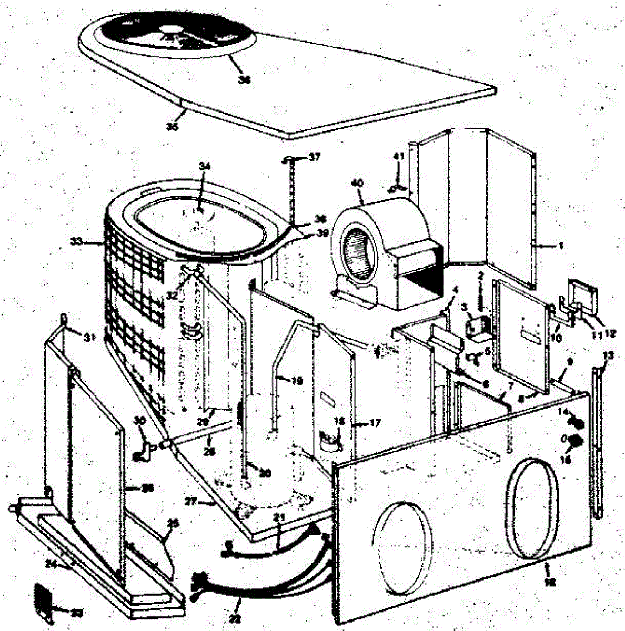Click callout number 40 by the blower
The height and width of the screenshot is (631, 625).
click(357, 183)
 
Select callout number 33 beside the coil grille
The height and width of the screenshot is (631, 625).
click(77, 242)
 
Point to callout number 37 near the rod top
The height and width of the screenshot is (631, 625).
click(315, 157)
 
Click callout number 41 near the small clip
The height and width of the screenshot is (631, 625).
click(399, 156)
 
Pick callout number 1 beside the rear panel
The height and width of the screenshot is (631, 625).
click(561, 245)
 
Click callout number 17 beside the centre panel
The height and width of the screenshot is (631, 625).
click(375, 422)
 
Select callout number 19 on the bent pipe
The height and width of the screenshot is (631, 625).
click(297, 380)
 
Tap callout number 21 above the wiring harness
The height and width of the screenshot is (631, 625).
click(279, 518)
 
